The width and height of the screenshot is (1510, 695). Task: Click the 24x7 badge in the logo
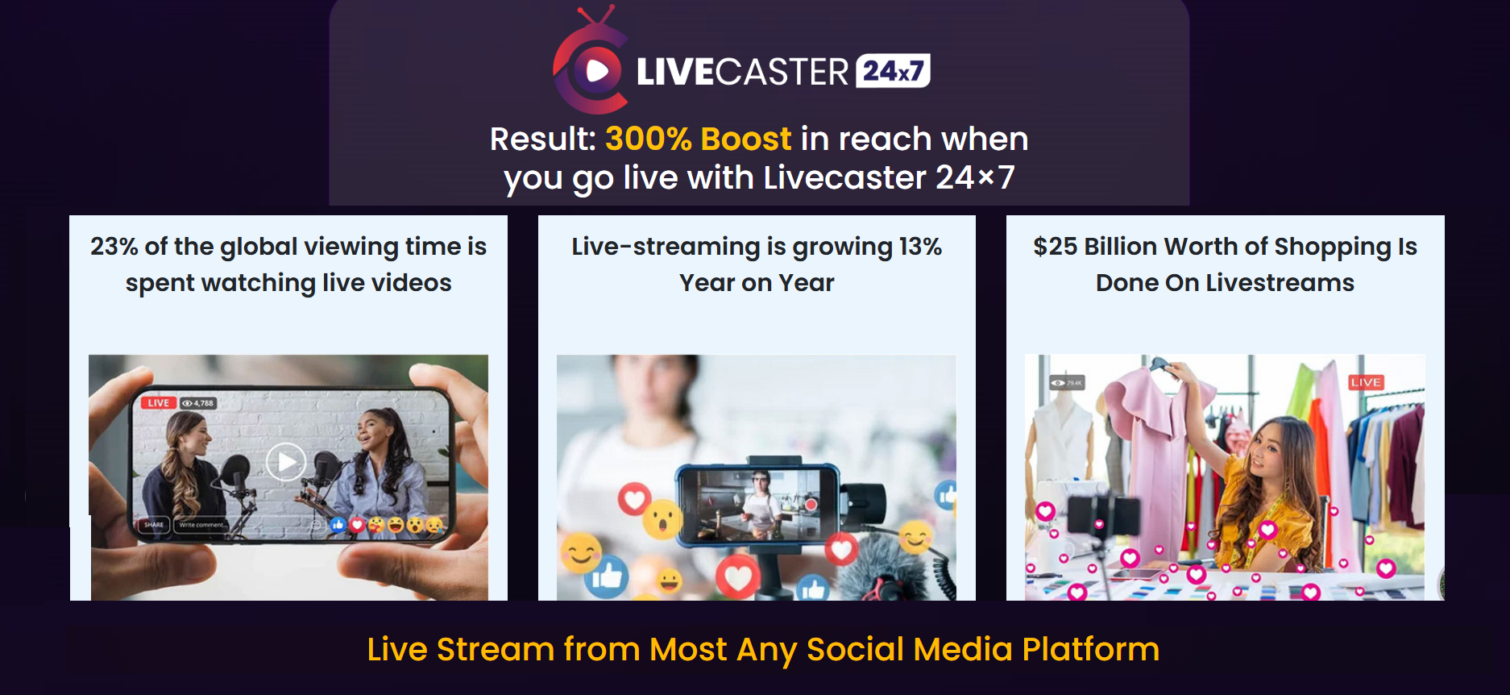click(893, 71)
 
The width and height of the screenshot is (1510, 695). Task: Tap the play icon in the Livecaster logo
click(597, 71)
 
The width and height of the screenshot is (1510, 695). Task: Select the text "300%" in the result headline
click(648, 139)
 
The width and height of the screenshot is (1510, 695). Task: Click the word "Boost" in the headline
click(746, 139)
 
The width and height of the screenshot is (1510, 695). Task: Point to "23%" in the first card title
click(114, 246)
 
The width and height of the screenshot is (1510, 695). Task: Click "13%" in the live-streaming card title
click(920, 246)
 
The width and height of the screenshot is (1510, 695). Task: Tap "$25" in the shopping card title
click(1055, 246)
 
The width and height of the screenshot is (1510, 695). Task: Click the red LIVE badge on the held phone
click(159, 403)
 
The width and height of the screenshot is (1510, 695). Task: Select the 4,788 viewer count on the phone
click(198, 403)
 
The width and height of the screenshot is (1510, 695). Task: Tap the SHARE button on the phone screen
click(153, 525)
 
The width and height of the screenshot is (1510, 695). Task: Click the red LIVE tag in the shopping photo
click(1366, 382)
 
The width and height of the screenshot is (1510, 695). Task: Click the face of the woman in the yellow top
click(1266, 456)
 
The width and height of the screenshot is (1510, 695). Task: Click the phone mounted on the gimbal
click(757, 505)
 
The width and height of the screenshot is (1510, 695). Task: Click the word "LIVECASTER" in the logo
click(742, 72)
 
